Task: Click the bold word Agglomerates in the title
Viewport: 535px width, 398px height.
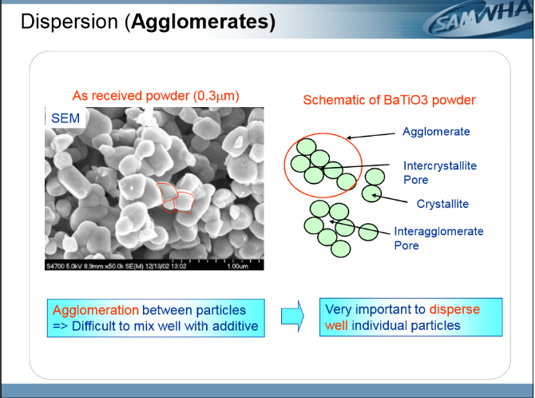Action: coord(203,22)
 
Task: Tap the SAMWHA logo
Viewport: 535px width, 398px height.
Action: coord(478,19)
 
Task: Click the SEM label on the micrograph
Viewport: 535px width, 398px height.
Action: coord(65,118)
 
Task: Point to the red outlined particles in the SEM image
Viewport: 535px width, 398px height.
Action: coord(176,198)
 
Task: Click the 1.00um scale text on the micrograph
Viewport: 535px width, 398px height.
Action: coord(237,266)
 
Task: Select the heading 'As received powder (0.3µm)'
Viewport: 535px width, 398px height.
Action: coord(156,96)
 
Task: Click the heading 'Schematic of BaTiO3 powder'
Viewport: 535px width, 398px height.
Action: coord(389,100)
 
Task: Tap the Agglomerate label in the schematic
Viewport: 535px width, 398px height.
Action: coord(436,132)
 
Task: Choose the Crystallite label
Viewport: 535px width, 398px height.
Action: coord(442,204)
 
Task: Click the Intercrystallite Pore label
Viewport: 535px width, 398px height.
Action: coord(440,173)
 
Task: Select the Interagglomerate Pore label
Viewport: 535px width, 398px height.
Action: coord(438,238)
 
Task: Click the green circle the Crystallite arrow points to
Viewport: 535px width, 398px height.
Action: coord(371,193)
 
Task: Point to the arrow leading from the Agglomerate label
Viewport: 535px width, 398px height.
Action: coord(371,136)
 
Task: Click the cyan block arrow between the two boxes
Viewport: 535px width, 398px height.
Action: coord(292,316)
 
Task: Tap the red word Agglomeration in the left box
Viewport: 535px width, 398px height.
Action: coord(96,310)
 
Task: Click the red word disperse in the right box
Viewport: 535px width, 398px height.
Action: coord(454,309)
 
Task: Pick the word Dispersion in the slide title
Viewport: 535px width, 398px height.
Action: coord(69,22)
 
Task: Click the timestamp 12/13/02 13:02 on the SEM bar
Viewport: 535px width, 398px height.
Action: coord(166,266)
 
